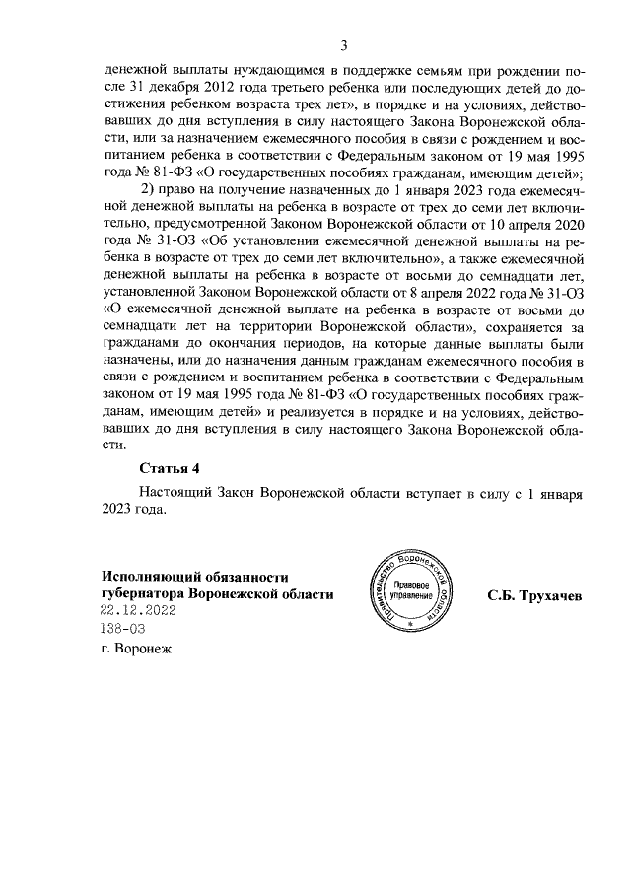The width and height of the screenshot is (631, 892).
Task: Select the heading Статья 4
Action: (170, 467)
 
